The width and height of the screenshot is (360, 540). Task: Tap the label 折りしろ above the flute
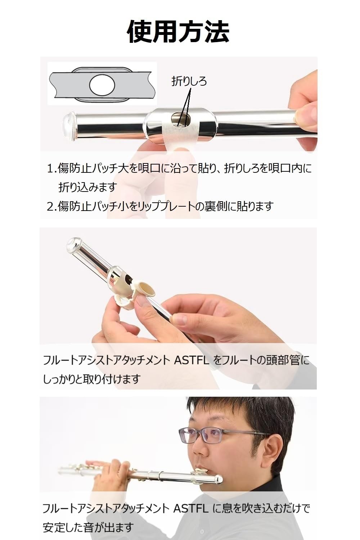189,81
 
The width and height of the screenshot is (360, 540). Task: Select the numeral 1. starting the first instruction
52,168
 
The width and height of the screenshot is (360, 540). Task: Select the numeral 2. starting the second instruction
52,206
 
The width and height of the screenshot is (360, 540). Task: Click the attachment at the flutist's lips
202,471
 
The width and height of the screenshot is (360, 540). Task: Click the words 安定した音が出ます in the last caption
88,527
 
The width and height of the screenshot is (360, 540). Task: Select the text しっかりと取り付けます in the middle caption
91,379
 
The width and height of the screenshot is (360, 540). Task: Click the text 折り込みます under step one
88,187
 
